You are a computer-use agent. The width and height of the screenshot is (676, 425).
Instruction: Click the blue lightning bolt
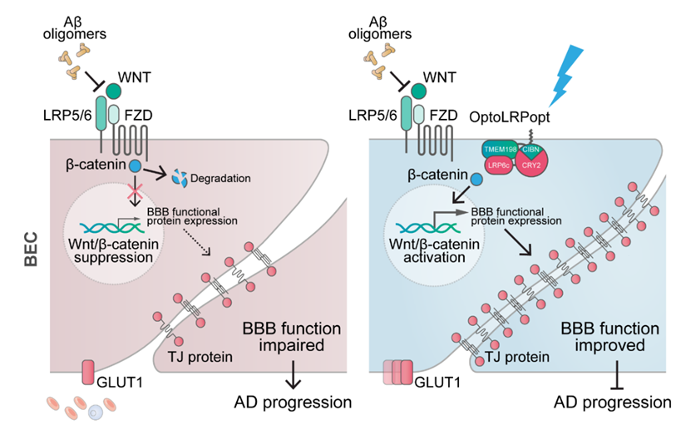pyautogui.click(x=565, y=76)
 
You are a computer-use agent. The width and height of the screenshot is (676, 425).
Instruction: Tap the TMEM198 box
pyautogui.click(x=500, y=149)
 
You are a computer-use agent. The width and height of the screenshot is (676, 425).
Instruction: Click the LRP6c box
pyautogui.click(x=499, y=165)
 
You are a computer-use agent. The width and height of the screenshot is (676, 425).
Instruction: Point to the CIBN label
pyautogui.click(x=530, y=150)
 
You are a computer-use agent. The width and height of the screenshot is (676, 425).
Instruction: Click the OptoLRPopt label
pyautogui.click(x=509, y=116)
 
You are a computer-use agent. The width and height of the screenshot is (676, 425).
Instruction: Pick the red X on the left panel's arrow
pyautogui.click(x=135, y=190)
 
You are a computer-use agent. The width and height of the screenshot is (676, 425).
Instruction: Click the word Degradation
pyautogui.click(x=220, y=178)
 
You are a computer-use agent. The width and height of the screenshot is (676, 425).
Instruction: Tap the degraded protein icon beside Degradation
pyautogui.click(x=180, y=178)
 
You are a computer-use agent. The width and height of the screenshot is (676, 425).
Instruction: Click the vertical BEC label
pyautogui.click(x=31, y=250)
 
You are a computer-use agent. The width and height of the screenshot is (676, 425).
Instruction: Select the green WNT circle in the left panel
pyautogui.click(x=113, y=91)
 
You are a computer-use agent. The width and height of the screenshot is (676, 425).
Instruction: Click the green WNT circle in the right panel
pyautogui.click(x=418, y=91)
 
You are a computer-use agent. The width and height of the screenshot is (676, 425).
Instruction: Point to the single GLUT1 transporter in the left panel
pyautogui.click(x=88, y=373)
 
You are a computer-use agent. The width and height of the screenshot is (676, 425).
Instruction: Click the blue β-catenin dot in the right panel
pyautogui.click(x=476, y=180)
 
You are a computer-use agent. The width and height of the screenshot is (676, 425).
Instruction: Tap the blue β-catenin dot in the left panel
pyautogui.click(x=135, y=166)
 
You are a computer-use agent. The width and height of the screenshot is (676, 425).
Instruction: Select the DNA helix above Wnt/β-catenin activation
pyautogui.click(x=426, y=228)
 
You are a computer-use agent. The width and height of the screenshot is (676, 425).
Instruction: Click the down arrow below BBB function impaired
pyautogui.click(x=294, y=375)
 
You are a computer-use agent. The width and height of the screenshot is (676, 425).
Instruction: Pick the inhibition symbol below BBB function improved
pyautogui.click(x=618, y=375)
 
